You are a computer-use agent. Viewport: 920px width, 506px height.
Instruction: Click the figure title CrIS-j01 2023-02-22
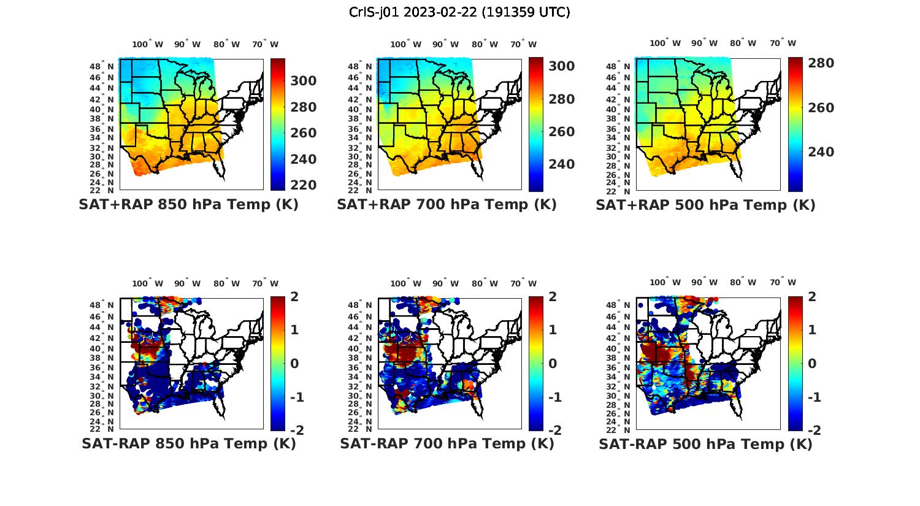coord(459,12)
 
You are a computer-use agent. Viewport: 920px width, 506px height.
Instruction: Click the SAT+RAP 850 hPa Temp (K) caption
coord(188,205)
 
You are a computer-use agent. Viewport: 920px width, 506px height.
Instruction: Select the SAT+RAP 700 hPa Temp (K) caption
coord(447,205)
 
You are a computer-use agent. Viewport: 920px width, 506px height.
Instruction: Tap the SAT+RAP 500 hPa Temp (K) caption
coord(705,205)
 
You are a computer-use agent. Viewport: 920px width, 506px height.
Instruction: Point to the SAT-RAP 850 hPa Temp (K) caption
coord(188,443)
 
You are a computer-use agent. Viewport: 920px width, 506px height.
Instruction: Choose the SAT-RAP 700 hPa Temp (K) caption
coord(447,443)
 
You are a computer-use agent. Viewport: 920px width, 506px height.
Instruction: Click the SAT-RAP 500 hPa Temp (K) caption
coord(705,443)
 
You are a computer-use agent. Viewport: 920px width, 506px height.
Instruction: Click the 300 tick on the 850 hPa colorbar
coord(303,81)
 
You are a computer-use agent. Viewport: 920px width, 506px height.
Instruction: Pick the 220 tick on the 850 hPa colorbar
coord(303,185)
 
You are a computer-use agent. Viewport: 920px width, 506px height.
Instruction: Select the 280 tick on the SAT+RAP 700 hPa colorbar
coord(561,99)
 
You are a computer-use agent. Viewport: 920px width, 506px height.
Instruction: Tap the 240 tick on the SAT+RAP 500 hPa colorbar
coord(821,152)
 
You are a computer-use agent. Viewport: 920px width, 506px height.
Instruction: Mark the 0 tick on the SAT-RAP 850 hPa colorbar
coord(294,364)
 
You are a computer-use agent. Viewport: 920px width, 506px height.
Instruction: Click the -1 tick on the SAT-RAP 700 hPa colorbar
coord(554,397)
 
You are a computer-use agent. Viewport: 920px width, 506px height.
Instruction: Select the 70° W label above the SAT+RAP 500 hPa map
coord(783,44)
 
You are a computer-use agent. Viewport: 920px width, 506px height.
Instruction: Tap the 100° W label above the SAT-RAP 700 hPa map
coord(405,283)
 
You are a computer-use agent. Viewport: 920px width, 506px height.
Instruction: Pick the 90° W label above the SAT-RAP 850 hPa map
coord(187,283)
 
